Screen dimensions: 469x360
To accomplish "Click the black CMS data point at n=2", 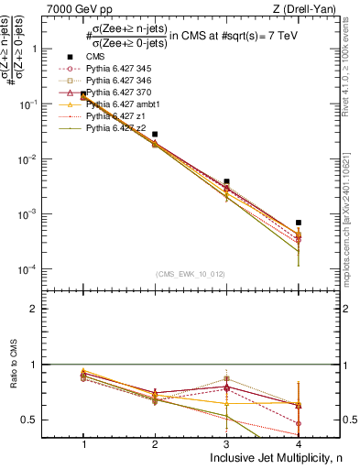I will [x=155, y=135].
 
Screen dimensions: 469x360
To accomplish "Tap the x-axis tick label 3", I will [x=227, y=444].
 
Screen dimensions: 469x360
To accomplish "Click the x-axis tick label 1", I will [x=83, y=444].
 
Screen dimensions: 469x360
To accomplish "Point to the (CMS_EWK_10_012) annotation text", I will [x=191, y=273].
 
